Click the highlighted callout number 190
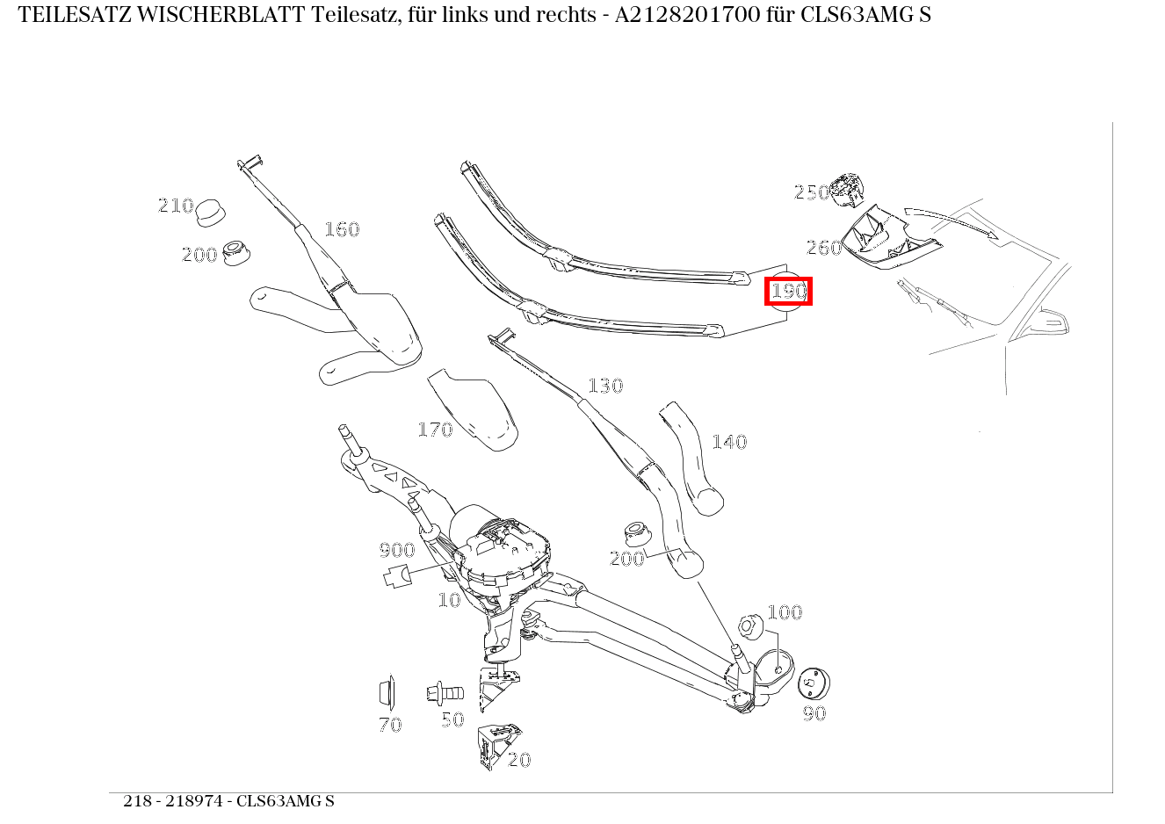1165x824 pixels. click(788, 291)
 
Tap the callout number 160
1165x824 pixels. click(342, 229)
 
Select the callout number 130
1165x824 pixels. click(605, 386)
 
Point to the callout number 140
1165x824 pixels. click(729, 442)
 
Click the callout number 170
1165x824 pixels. click(435, 430)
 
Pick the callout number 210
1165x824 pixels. click(176, 206)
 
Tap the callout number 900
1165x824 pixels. click(397, 550)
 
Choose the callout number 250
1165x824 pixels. click(812, 192)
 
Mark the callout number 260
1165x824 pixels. click(824, 248)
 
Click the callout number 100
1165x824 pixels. click(785, 612)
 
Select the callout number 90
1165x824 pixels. click(814, 713)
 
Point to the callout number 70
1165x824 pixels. click(390, 724)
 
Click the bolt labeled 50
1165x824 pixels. click(445, 693)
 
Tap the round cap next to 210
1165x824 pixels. click(211, 213)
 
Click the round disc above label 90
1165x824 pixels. click(814, 683)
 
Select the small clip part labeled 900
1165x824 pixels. click(397, 576)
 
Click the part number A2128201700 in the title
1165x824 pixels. click(688, 15)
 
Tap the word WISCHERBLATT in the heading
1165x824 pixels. click(221, 15)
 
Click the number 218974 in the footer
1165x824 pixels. click(194, 801)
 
